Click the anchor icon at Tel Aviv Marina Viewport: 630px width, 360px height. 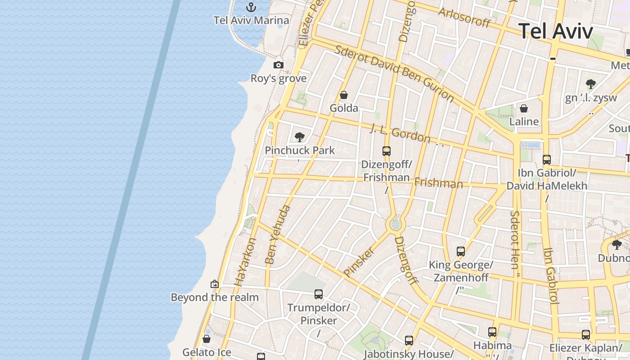click(252, 7)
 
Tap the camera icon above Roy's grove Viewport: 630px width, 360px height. click(279, 65)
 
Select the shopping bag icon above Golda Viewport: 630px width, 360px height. click(344, 95)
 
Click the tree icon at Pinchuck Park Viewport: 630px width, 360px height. click(299, 137)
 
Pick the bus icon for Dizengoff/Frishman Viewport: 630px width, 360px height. click(387, 151)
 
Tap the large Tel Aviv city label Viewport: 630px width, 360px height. click(556, 31)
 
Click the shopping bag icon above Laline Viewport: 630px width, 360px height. click(524, 108)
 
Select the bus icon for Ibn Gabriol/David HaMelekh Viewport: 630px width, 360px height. click(547, 159)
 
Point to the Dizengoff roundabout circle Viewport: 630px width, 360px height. click(396, 224)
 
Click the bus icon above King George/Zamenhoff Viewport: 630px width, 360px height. click(461, 252)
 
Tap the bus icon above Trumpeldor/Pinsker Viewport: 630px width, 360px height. click(319, 294)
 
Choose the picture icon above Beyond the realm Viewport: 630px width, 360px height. click(215, 284)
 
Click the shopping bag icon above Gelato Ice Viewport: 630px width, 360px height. click(207, 339)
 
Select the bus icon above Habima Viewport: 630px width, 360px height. click(492, 332)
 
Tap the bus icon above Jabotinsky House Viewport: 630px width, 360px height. click(409, 341)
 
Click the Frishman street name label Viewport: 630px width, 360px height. click(438, 183)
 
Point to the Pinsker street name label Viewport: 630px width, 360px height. click(359, 261)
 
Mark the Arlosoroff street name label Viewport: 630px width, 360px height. click(464, 18)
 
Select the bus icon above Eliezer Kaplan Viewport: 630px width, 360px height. click(586, 335)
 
